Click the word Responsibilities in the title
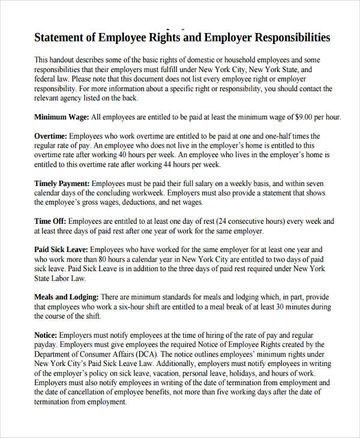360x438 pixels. click(293, 38)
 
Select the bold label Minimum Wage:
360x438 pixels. click(61, 117)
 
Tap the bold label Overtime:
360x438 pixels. click(50, 136)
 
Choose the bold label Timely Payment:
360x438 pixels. click(62, 184)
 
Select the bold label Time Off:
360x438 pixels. click(50, 221)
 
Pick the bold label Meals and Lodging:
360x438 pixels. click(66, 297)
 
